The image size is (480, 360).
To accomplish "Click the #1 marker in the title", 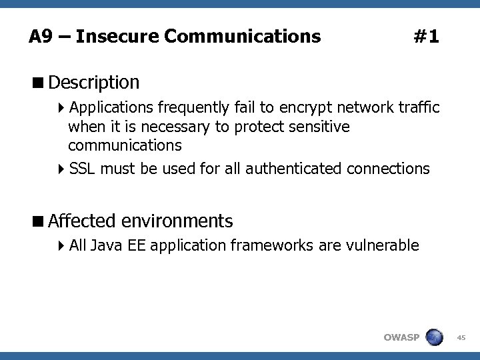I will click(x=426, y=36).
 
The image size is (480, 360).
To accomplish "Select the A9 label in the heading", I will click(x=41, y=36).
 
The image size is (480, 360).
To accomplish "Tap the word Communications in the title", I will click(x=242, y=36).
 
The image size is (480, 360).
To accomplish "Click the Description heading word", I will click(x=94, y=83).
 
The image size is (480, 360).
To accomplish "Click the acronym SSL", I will click(x=83, y=169).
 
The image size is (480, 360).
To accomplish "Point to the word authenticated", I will click(x=295, y=169).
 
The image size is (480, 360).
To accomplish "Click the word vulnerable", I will click(x=383, y=246).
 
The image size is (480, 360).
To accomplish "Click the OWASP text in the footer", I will click(x=401, y=337).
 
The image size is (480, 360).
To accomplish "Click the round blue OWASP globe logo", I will click(x=434, y=337).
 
